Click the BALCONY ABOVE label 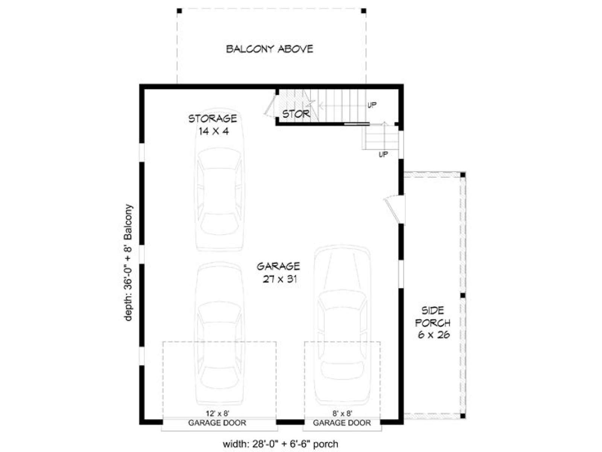pyautogui.click(x=269, y=49)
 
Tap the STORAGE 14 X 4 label pyautogui.click(x=213, y=125)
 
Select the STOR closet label pyautogui.click(x=296, y=114)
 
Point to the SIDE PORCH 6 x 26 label pyautogui.click(x=433, y=323)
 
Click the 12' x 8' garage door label pyautogui.click(x=218, y=413)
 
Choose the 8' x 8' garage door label pyautogui.click(x=342, y=413)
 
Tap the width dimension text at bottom pyautogui.click(x=281, y=444)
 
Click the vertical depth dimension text pyautogui.click(x=128, y=263)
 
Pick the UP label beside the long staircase pyautogui.click(x=372, y=105)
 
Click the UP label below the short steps pyautogui.click(x=383, y=154)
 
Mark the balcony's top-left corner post pyautogui.click(x=179, y=11)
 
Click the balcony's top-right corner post pyautogui.click(x=364, y=11)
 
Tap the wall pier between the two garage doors pyautogui.click(x=290, y=421)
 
